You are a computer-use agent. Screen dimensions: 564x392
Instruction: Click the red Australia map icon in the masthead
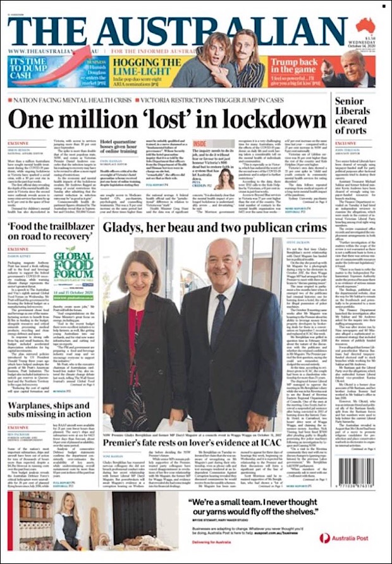point(365,25)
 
